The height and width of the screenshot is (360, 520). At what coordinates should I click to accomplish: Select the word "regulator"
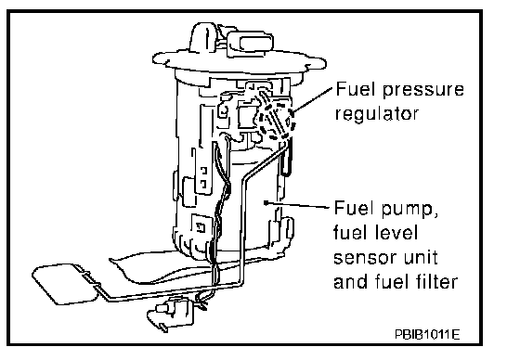(x=377, y=114)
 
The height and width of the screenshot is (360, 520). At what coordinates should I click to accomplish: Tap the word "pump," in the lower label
(x=409, y=210)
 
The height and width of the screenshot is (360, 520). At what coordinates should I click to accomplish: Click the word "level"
(x=396, y=232)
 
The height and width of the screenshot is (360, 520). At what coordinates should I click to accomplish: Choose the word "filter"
(x=436, y=281)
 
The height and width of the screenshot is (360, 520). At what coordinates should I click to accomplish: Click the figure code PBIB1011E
(x=427, y=334)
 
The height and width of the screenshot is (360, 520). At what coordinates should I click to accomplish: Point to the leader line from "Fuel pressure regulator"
(x=312, y=100)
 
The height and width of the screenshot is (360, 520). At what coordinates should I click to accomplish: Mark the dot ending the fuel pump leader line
(x=266, y=202)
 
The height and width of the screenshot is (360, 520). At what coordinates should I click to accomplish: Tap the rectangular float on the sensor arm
(x=64, y=283)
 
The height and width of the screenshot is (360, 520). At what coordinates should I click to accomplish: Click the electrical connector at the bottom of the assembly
(x=170, y=313)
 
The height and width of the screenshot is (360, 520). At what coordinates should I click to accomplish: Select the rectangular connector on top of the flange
(x=250, y=44)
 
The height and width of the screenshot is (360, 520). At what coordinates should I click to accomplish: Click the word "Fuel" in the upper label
(x=356, y=89)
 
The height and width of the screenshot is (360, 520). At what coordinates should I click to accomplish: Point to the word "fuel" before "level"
(x=352, y=232)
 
